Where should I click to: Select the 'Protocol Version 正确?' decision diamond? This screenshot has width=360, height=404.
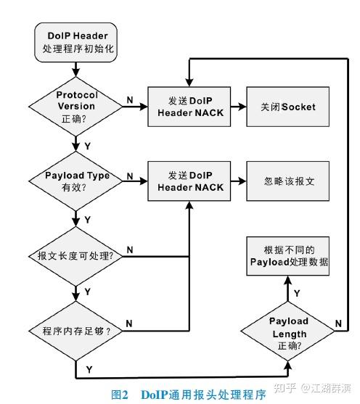click(x=76, y=107)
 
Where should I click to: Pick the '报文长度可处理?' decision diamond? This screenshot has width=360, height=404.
click(x=76, y=256)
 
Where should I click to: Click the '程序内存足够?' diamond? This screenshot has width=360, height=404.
click(x=76, y=331)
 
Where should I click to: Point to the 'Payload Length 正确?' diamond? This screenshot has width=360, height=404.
click(x=289, y=333)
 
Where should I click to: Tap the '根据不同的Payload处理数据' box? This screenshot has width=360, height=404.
click(x=289, y=255)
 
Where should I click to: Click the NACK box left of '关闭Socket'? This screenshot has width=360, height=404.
click(x=189, y=107)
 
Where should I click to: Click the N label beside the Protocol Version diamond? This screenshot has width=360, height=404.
click(x=129, y=99)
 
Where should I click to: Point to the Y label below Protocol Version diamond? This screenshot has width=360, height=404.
click(x=87, y=145)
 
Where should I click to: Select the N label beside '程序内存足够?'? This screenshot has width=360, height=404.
click(x=129, y=322)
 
